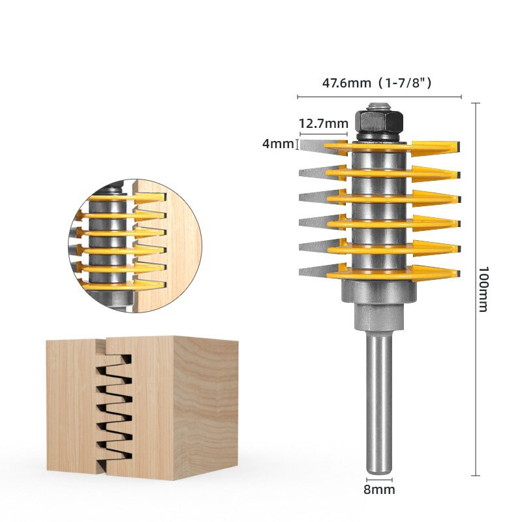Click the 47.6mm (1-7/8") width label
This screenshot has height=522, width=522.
(x=378, y=84)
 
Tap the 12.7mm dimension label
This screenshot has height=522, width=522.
(x=323, y=123)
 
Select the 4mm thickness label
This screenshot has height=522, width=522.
(x=277, y=144)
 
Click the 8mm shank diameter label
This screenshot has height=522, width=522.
(x=380, y=489)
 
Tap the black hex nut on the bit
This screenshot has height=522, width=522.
(x=378, y=122)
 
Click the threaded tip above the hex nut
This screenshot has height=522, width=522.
(x=378, y=104)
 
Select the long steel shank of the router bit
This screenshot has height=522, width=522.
(x=379, y=405)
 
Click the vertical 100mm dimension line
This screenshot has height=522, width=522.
(x=474, y=287)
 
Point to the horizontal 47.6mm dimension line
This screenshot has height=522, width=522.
(x=379, y=97)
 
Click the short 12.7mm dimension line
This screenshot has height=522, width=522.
(x=323, y=134)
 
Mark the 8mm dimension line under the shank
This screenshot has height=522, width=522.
(x=380, y=480)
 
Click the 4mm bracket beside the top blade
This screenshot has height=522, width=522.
(x=298, y=144)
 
